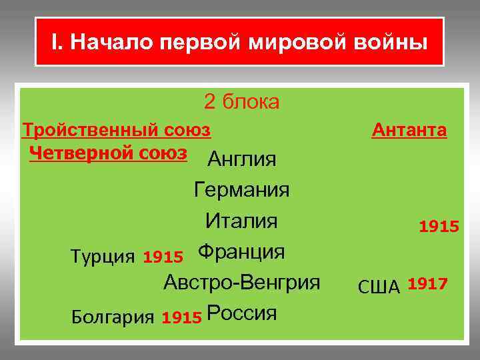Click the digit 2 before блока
pos(210,102)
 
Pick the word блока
pos(251,102)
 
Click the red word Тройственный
pos(87,129)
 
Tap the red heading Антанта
pos(409,129)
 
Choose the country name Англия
pos(242,159)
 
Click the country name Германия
pos(241,190)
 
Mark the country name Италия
pos(241,221)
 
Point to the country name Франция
pos(241,252)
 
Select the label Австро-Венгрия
pos(242,282)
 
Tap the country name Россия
pos(241,313)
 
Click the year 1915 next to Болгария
pos(181,318)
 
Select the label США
pos(379,287)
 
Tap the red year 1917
pos(427,285)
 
